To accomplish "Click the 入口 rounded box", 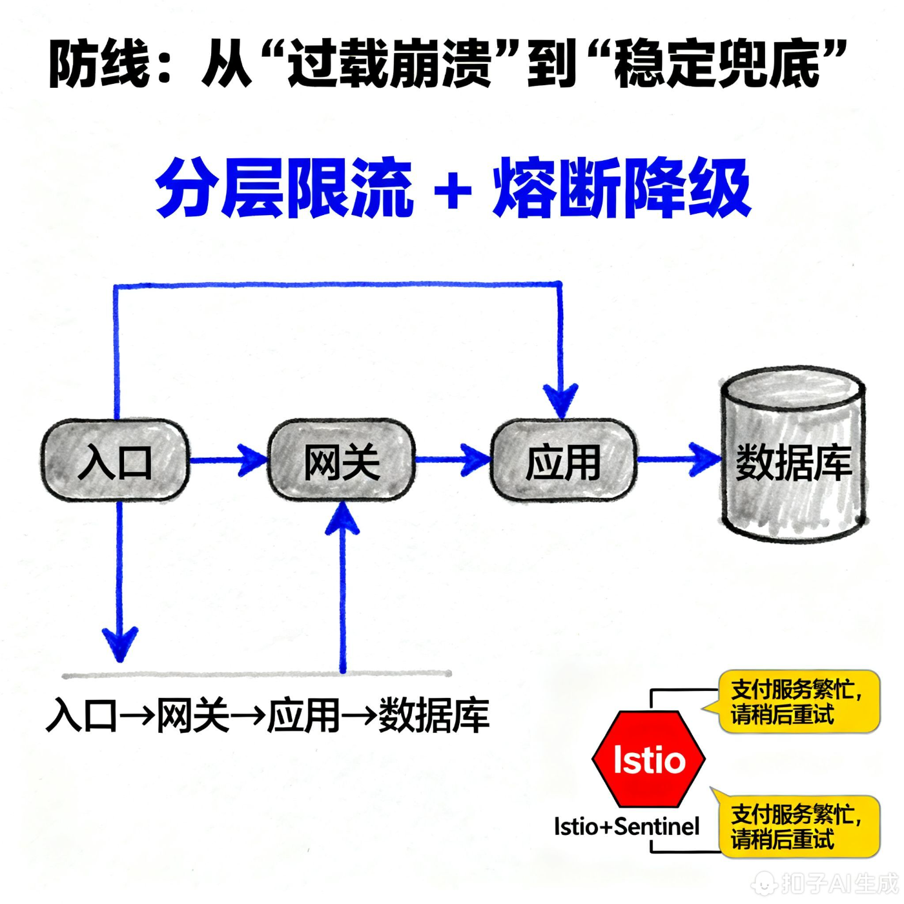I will (x=115, y=460).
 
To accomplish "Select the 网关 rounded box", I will (x=341, y=460).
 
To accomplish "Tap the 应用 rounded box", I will (x=564, y=460).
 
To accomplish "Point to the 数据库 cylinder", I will (x=793, y=456).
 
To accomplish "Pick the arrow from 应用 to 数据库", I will (x=678, y=460).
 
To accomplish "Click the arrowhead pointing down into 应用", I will (x=560, y=400).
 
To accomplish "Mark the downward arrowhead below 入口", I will (x=119, y=642).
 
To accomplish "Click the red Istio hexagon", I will (x=648, y=759).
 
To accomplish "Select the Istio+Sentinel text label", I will (x=626, y=826).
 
